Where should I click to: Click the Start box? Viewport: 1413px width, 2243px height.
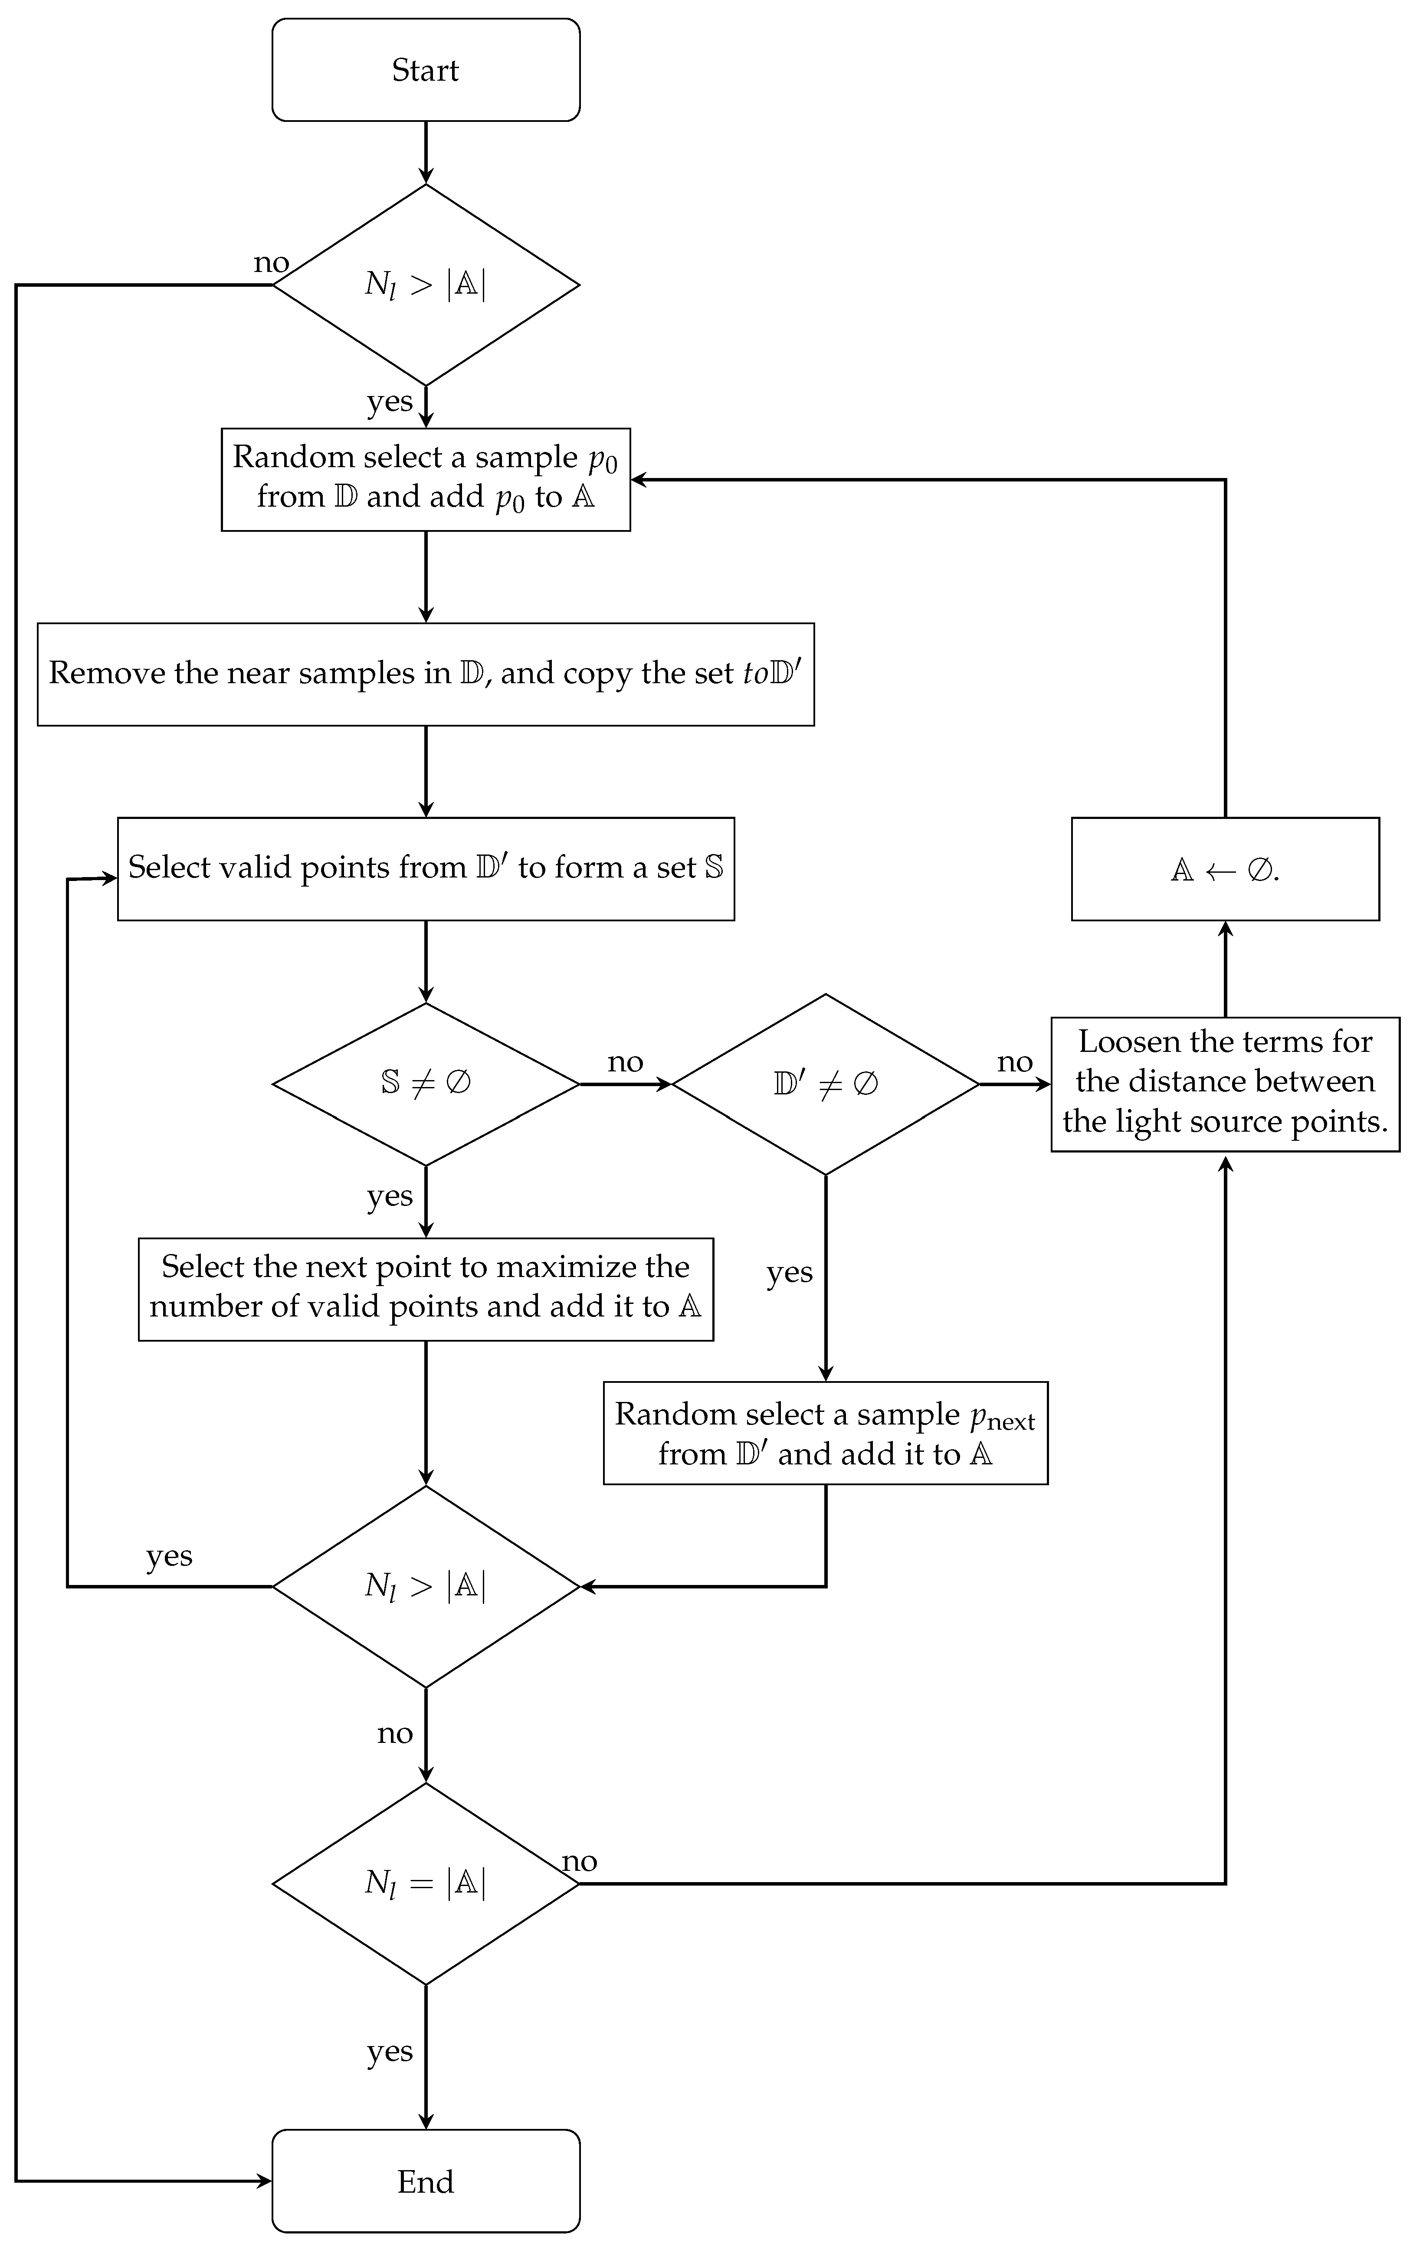(426, 70)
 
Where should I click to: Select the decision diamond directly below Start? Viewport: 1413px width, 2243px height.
(426, 285)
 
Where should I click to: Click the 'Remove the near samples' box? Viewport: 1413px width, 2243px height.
(426, 674)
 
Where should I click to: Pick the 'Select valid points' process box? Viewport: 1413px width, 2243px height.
(426, 868)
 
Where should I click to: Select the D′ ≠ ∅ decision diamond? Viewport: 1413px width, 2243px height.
(825, 1084)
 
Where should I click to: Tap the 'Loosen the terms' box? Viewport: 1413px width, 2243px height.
(1225, 1083)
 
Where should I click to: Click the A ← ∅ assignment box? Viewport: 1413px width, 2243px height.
(1225, 869)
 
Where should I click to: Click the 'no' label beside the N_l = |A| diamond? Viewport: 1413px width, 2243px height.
(579, 1861)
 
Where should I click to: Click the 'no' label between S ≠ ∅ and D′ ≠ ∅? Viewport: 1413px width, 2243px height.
(625, 1062)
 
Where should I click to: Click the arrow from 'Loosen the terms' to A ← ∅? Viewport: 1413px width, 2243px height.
(1225, 969)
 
